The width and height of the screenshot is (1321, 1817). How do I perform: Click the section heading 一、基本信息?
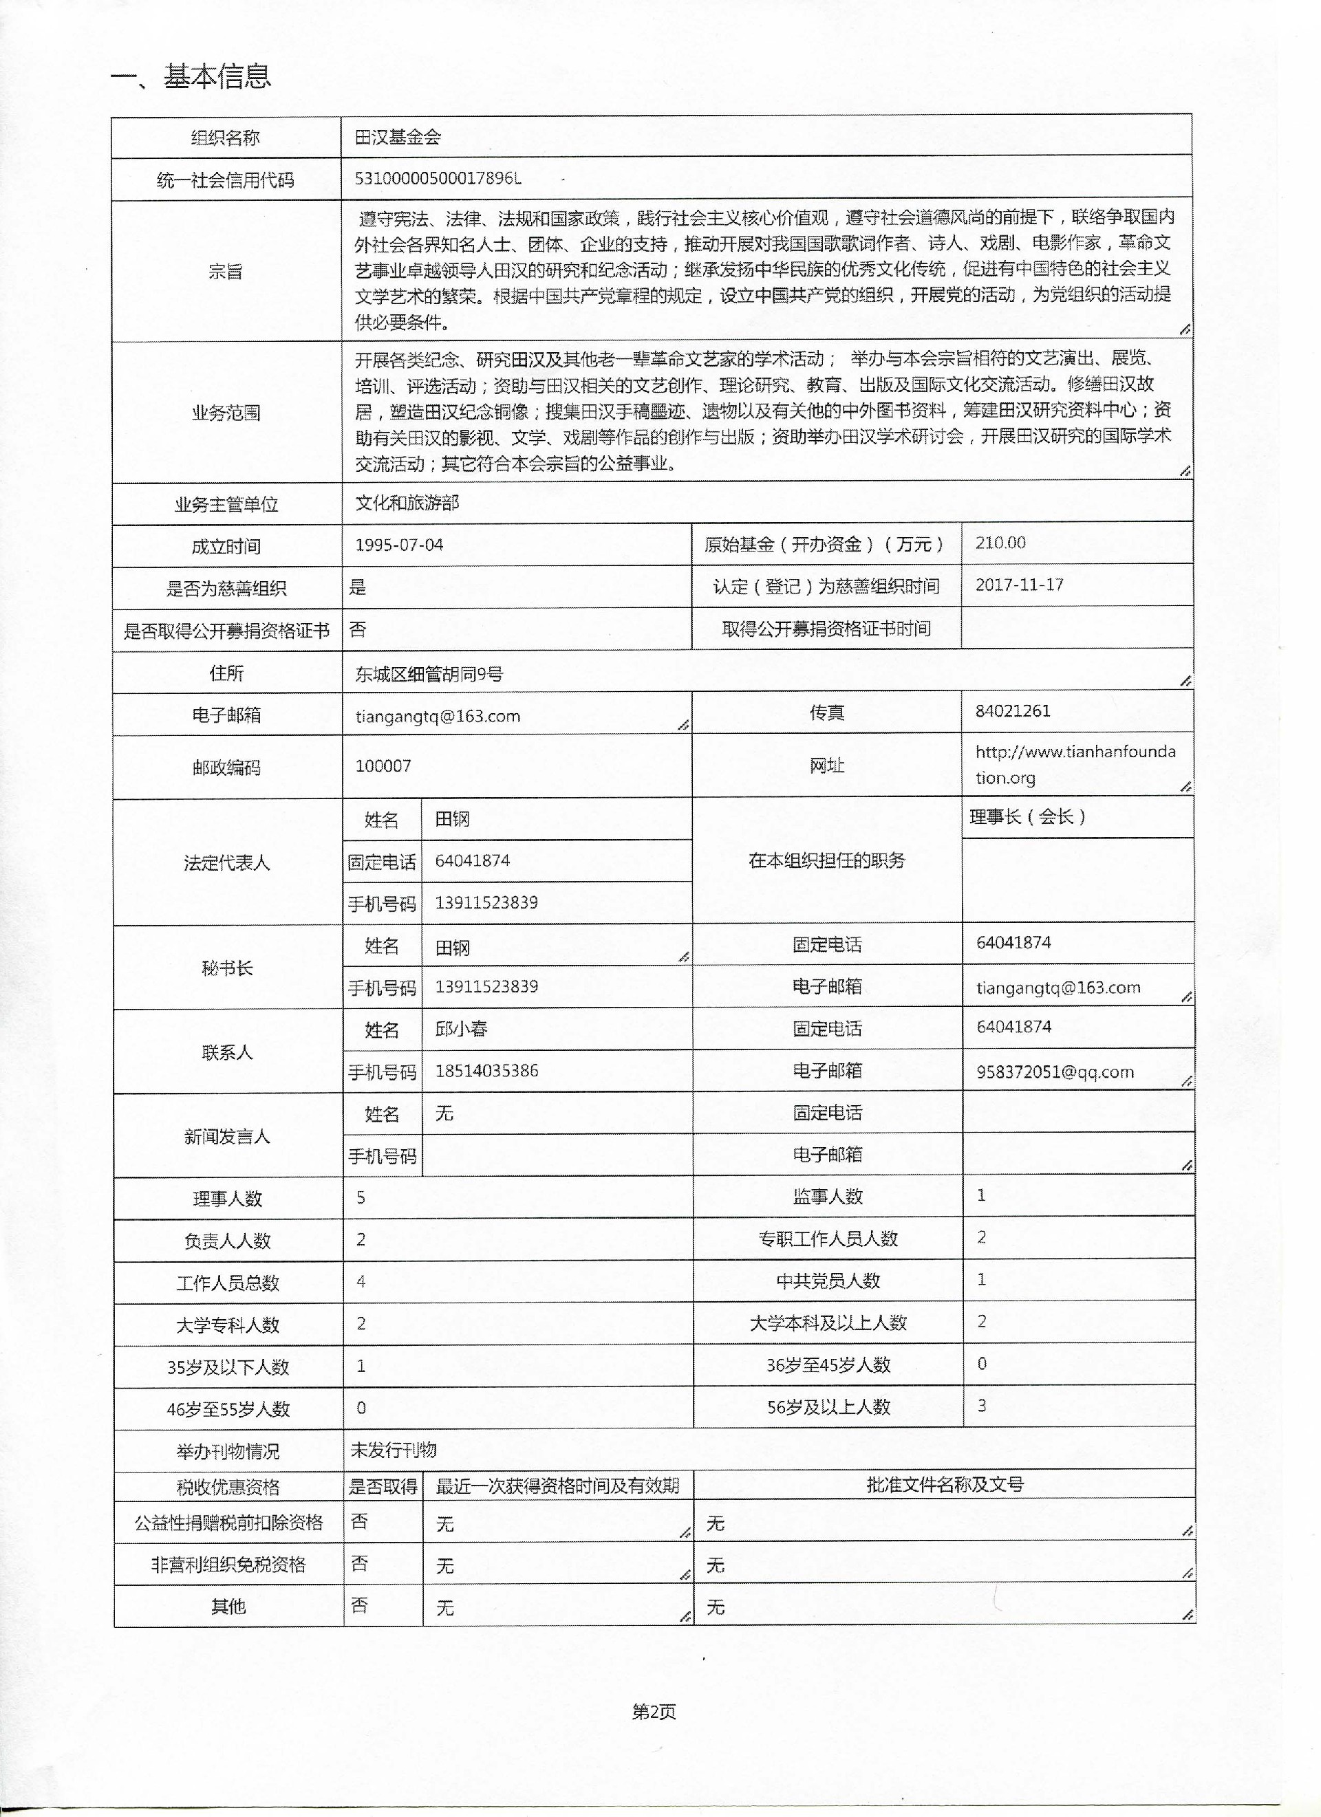(191, 77)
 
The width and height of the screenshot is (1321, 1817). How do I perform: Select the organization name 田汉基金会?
(398, 137)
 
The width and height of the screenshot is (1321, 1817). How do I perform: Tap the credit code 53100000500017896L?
(438, 179)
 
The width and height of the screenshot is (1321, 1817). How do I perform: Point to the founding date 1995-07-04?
(398, 545)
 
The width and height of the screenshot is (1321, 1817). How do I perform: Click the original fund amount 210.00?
(1000, 543)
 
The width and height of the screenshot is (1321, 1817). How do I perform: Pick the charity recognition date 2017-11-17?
(1019, 585)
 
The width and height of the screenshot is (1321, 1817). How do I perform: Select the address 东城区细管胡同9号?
(429, 675)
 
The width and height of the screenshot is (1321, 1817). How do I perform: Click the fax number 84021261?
(1012, 710)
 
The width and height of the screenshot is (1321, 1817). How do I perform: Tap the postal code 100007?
(383, 766)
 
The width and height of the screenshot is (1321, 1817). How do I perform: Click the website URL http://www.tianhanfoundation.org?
(1074, 764)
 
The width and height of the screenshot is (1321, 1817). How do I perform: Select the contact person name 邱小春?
(461, 1029)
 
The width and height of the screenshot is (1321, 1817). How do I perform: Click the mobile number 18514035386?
(486, 1070)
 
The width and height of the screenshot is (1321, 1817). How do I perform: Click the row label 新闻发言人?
(227, 1136)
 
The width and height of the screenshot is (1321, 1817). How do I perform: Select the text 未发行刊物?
(394, 1449)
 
